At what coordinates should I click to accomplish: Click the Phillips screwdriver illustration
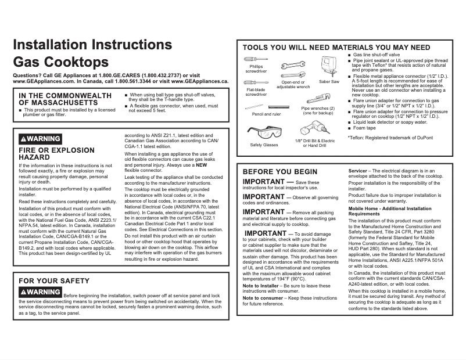256,59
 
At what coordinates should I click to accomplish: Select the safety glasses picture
263,132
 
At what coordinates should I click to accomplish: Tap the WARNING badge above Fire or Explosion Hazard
40,139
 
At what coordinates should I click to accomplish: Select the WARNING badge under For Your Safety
40,291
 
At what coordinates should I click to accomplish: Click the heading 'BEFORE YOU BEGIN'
279,172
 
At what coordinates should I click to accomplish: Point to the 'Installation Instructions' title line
92,45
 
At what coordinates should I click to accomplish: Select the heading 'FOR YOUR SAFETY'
54,281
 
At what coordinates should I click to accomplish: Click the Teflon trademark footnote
389,138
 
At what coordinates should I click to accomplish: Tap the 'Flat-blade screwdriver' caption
256,92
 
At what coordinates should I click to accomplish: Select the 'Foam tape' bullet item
364,128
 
